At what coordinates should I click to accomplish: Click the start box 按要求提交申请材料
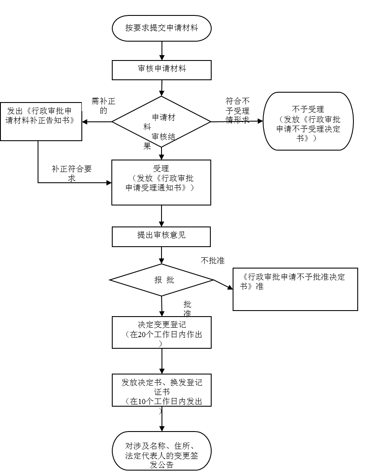162,28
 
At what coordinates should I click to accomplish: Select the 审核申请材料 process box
162,70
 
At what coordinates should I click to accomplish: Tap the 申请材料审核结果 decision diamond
162,122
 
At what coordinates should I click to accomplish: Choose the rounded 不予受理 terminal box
308,121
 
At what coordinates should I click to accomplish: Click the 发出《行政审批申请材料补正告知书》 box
41,121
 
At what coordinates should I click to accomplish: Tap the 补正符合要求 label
72,171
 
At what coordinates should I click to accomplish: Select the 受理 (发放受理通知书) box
162,182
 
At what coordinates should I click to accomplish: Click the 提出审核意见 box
162,236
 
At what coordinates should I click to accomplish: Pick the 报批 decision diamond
162,280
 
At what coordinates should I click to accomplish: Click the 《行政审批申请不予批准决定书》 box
295,289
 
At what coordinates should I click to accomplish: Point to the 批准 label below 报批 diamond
187,305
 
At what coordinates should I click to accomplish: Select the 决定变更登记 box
162,332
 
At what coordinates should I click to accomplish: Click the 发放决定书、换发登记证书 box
162,390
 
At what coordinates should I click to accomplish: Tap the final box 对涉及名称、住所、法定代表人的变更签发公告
162,451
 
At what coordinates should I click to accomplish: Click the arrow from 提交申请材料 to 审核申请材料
162,51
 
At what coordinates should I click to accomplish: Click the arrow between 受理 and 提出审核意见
162,216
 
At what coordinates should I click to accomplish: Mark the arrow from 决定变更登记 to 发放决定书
162,361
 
